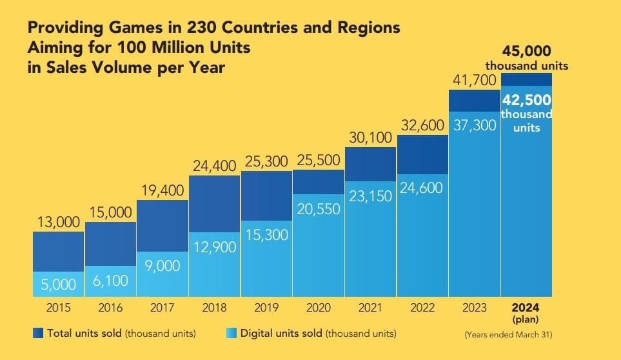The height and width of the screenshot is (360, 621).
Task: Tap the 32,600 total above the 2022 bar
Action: (x=422, y=126)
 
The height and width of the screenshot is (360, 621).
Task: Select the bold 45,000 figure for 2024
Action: (x=527, y=52)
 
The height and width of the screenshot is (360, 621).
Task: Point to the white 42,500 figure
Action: (x=527, y=100)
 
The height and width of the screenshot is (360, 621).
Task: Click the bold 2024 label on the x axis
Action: (x=526, y=307)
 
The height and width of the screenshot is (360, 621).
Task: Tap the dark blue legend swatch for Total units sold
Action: (x=37, y=334)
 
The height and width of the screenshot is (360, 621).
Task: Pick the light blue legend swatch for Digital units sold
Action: (x=231, y=334)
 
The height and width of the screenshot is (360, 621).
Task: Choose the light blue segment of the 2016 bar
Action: (x=110, y=281)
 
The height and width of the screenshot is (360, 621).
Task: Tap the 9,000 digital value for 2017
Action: (x=162, y=265)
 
